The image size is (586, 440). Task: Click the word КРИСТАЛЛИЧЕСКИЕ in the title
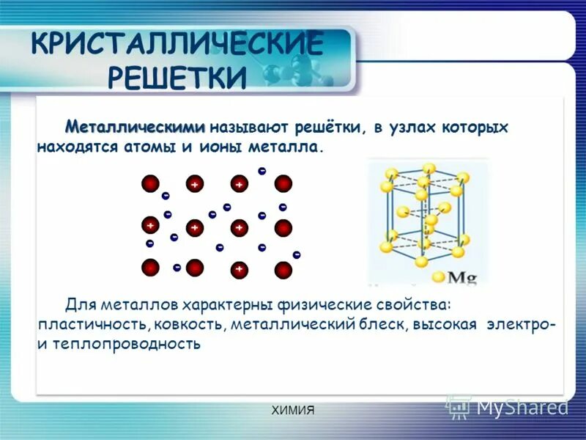tap(177, 45)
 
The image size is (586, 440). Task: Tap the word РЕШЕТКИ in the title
tap(177, 76)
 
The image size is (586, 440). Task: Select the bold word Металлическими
tap(135, 128)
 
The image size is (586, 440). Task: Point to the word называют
tap(248, 128)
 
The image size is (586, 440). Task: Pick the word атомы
tap(144, 147)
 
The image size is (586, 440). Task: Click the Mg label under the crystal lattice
tap(462, 277)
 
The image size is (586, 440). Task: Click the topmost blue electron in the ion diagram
tap(262, 170)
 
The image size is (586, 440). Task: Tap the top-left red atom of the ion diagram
tap(150, 184)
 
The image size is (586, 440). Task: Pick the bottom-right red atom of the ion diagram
tap(283, 270)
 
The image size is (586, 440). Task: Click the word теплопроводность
tap(126, 343)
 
